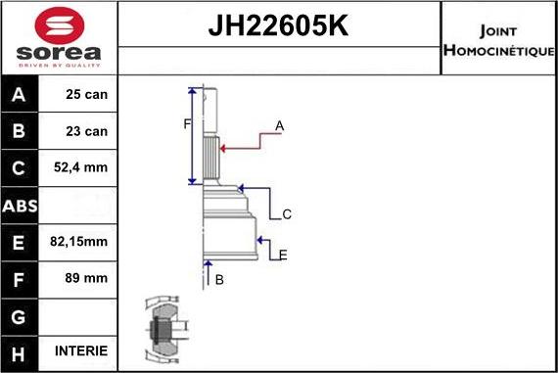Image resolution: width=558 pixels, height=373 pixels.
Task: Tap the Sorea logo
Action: click(x=59, y=37)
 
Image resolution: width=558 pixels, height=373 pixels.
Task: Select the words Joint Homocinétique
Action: click(x=498, y=38)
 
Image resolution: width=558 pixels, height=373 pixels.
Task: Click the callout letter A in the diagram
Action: click(x=280, y=125)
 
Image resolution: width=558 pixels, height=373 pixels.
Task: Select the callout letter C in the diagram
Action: click(x=287, y=213)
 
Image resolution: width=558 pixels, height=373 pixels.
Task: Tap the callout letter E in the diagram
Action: click(x=283, y=255)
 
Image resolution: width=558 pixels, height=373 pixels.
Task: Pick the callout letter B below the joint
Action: click(x=219, y=280)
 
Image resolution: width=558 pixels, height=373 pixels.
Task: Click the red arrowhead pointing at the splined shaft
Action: click(x=224, y=148)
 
